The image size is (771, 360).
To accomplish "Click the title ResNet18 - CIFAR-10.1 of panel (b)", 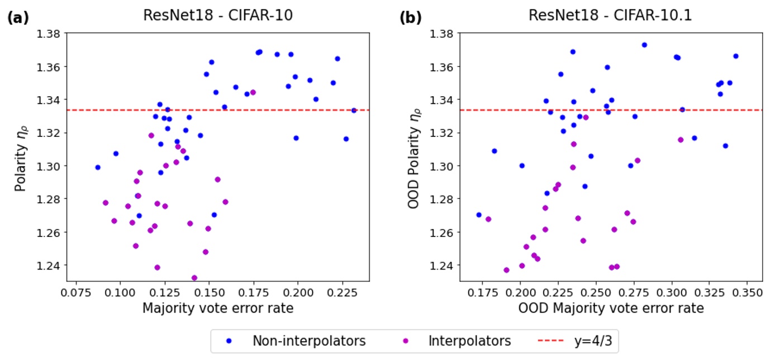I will click(x=610, y=16).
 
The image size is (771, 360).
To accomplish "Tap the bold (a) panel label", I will click(x=17, y=17).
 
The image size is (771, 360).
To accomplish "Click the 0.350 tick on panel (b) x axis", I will click(x=748, y=292).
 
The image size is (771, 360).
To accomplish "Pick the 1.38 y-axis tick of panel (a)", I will click(x=49, y=34).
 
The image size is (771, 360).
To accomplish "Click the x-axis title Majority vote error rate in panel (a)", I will click(x=217, y=308).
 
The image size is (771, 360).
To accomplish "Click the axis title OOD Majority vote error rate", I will click(x=611, y=308).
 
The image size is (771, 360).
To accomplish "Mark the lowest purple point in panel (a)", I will click(x=194, y=278).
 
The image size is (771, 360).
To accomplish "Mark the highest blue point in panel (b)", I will click(x=644, y=45).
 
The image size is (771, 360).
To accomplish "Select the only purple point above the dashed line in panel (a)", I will click(x=253, y=92).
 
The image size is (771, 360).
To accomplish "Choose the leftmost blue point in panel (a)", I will click(x=98, y=167).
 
